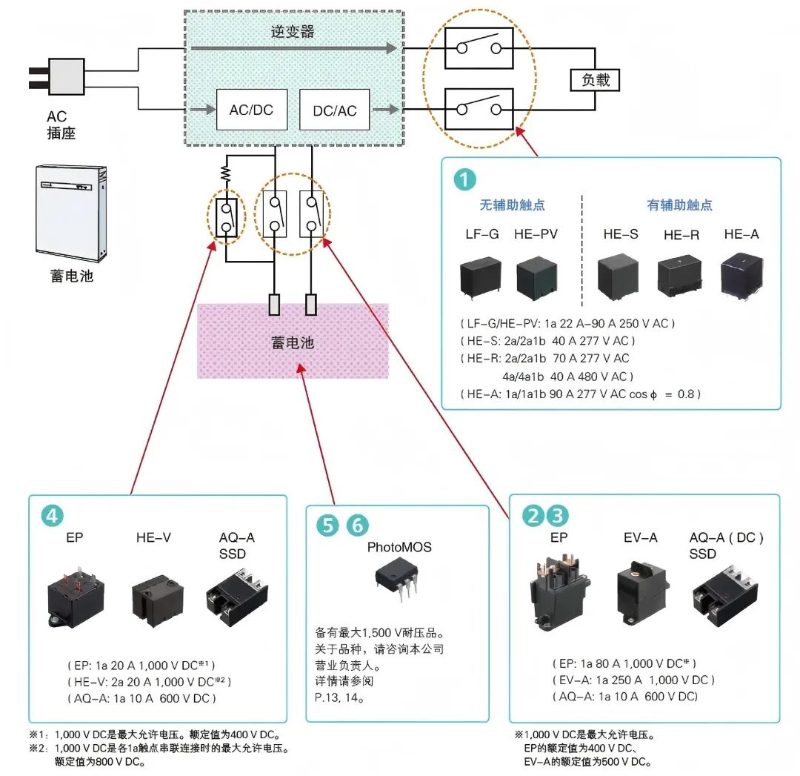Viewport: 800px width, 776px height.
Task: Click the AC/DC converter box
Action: click(x=251, y=110)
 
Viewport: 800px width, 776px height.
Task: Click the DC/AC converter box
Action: click(x=334, y=110)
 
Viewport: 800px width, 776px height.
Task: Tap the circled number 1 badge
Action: click(x=465, y=179)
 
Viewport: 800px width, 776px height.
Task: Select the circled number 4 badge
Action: click(x=52, y=516)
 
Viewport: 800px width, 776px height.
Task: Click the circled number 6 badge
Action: click(x=357, y=525)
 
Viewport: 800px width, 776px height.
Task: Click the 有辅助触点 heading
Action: click(x=679, y=205)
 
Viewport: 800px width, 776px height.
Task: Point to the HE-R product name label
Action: click(x=681, y=235)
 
